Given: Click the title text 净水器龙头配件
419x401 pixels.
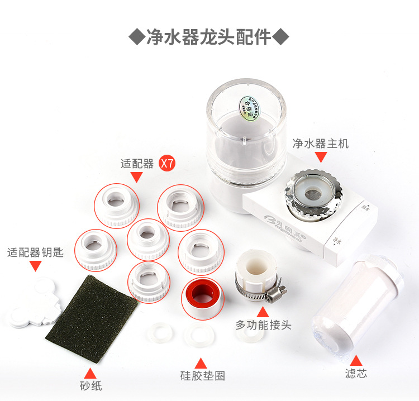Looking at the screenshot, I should click(x=209, y=38).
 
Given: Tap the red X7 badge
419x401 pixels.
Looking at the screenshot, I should click(x=168, y=164).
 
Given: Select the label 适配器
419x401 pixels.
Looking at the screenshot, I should click(x=137, y=164).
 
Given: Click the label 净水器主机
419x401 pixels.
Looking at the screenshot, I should click(x=321, y=144).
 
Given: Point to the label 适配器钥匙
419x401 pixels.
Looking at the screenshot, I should click(x=35, y=252).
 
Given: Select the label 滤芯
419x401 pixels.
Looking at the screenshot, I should click(x=356, y=374).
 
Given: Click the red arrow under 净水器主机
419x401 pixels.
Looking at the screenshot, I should click(x=321, y=158).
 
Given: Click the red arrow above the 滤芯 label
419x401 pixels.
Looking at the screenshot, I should click(x=356, y=359).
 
